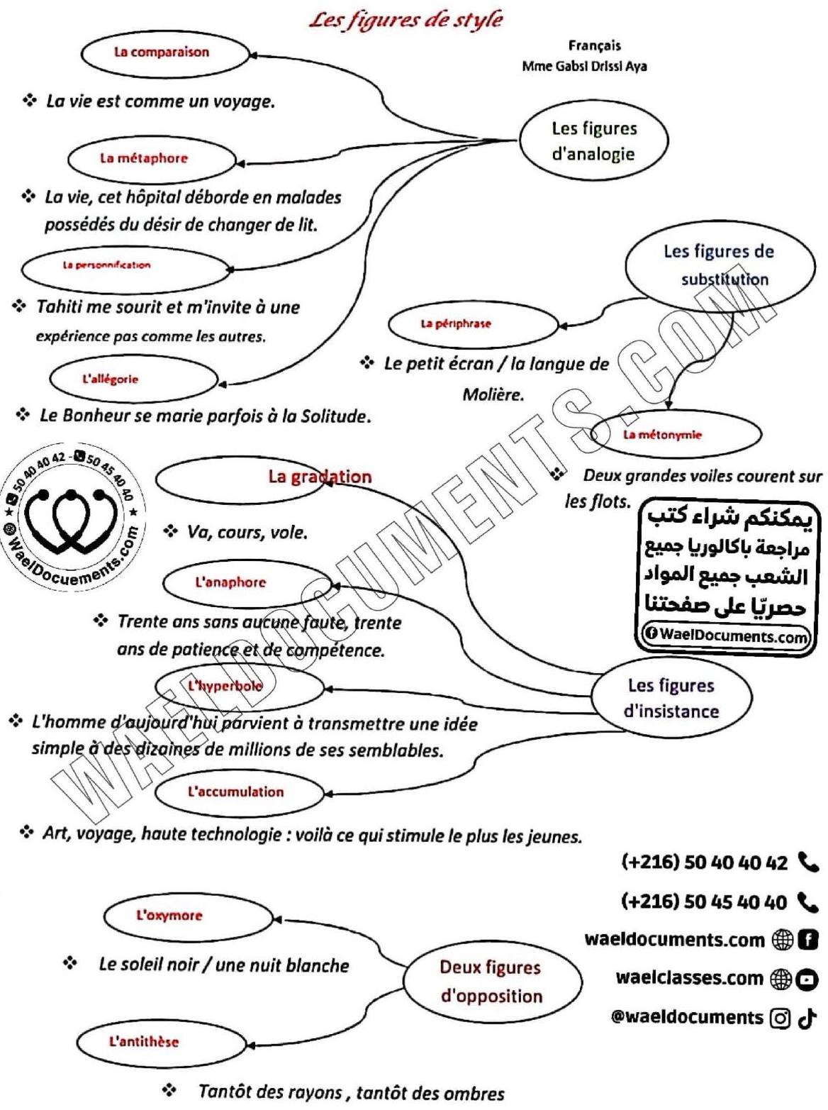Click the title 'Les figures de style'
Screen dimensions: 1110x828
point(405,18)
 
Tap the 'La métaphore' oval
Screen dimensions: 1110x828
point(150,159)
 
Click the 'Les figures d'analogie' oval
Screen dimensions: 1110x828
point(593,141)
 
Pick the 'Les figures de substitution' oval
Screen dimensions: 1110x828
point(719,266)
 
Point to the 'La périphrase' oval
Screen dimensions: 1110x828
point(474,324)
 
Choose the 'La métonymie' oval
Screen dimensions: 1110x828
point(675,435)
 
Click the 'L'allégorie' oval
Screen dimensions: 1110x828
point(133,379)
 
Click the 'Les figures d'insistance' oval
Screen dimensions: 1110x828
point(671,698)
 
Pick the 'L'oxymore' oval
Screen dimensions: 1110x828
point(188,916)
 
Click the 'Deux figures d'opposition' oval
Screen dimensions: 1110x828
point(491,982)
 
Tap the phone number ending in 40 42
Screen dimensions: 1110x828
point(704,862)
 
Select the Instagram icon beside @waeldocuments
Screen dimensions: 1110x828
point(780,1019)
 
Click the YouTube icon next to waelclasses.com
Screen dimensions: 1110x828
point(807,979)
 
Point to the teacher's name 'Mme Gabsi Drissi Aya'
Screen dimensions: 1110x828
point(584,67)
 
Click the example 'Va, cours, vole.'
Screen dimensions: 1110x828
point(247,532)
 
